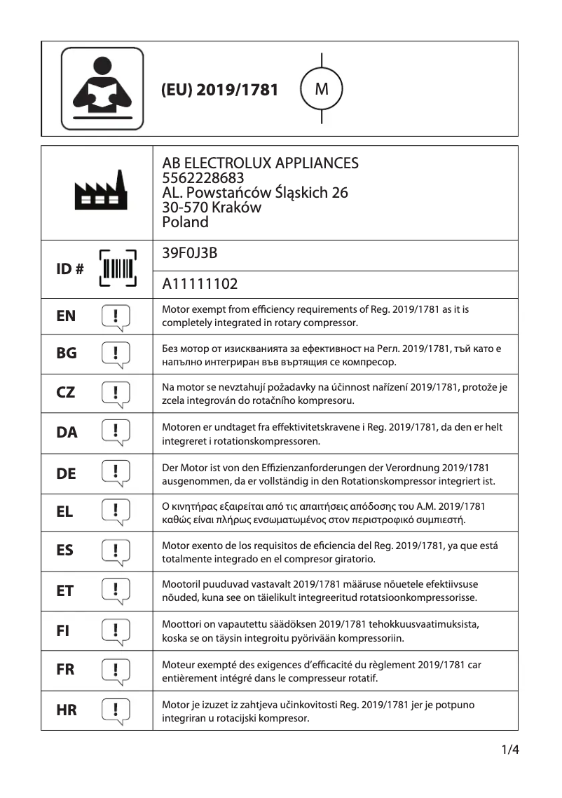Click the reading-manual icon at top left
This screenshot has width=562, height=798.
[x=102, y=88]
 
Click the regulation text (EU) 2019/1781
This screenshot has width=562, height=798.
[x=219, y=90]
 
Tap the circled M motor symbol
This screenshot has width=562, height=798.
[x=321, y=89]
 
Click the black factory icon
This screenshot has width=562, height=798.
[x=102, y=191]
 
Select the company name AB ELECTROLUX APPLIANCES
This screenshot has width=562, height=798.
[x=260, y=163]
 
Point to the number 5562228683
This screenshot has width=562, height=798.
[x=203, y=178]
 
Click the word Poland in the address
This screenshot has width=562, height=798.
[x=185, y=222]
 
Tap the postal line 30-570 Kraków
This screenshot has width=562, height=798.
[x=212, y=208]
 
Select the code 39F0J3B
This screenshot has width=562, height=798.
[x=189, y=254]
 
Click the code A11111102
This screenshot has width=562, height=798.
[x=200, y=284]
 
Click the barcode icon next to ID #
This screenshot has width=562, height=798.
[x=117, y=269]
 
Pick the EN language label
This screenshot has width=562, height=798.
[x=66, y=316]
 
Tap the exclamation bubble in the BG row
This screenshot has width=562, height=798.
[x=116, y=355]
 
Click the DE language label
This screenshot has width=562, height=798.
[x=66, y=474]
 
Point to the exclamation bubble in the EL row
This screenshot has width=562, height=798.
[x=116, y=513]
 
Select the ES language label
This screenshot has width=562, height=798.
[x=65, y=550]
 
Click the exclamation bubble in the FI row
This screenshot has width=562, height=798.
[x=116, y=631]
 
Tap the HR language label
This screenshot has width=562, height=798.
[x=67, y=710]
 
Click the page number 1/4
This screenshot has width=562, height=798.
[x=509, y=750]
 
